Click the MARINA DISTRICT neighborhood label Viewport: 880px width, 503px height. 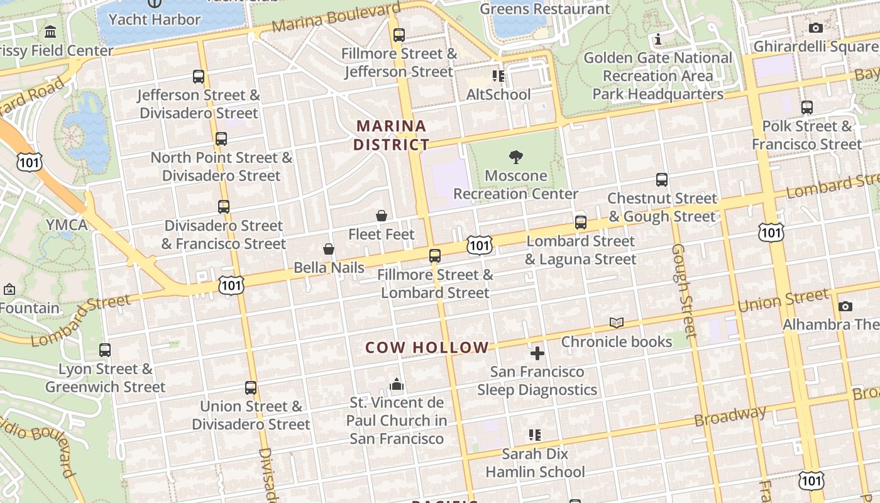(x=391, y=135)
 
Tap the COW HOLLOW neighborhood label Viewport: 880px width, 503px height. (x=427, y=347)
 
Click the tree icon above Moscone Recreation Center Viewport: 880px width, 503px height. (x=516, y=157)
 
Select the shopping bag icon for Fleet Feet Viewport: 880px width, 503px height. (x=382, y=216)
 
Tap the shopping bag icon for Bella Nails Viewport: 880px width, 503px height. (x=328, y=250)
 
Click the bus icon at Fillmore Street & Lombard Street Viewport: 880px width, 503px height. (x=435, y=256)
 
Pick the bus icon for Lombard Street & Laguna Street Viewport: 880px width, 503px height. (x=581, y=223)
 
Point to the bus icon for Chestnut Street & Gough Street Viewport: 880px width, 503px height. (x=661, y=180)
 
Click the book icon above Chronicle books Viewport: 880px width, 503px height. (x=617, y=323)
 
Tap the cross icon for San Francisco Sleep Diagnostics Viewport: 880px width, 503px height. (x=537, y=353)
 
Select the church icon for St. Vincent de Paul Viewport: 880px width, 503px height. (x=397, y=384)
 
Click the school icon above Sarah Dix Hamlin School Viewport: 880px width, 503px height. (x=535, y=434)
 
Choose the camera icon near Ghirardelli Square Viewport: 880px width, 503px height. (x=816, y=28)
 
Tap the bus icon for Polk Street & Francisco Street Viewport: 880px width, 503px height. (x=807, y=108)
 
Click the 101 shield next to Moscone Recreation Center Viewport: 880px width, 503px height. (x=479, y=245)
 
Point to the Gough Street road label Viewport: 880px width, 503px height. (x=683, y=289)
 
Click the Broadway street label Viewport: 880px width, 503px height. (x=730, y=416)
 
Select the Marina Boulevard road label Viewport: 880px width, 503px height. (x=336, y=18)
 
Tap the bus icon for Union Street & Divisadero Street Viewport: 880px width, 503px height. (x=251, y=388)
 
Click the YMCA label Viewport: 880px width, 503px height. (x=67, y=225)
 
